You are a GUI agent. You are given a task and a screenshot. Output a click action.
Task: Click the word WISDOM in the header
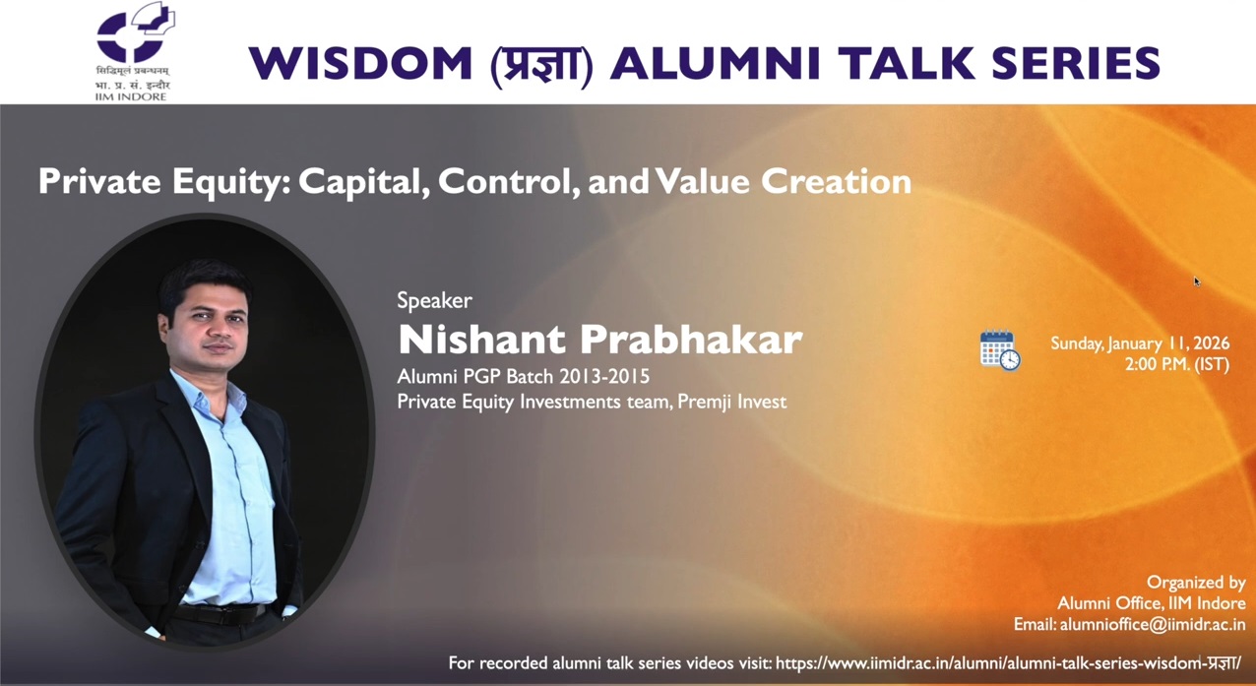click(x=360, y=63)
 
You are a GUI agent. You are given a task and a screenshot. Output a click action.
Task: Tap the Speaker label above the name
click(x=434, y=300)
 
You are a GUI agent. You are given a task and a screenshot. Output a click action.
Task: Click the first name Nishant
click(x=482, y=339)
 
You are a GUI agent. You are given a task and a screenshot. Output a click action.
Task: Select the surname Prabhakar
click(x=690, y=339)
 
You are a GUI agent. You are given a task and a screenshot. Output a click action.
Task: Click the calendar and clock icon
click(x=1000, y=351)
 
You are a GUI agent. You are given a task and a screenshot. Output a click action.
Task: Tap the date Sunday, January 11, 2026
click(x=1139, y=343)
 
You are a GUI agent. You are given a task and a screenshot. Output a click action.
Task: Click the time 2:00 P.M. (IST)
click(x=1176, y=364)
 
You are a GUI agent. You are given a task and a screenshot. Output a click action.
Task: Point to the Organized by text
click(x=1196, y=583)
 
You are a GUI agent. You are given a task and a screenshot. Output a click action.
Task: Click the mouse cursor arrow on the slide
click(x=1197, y=281)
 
